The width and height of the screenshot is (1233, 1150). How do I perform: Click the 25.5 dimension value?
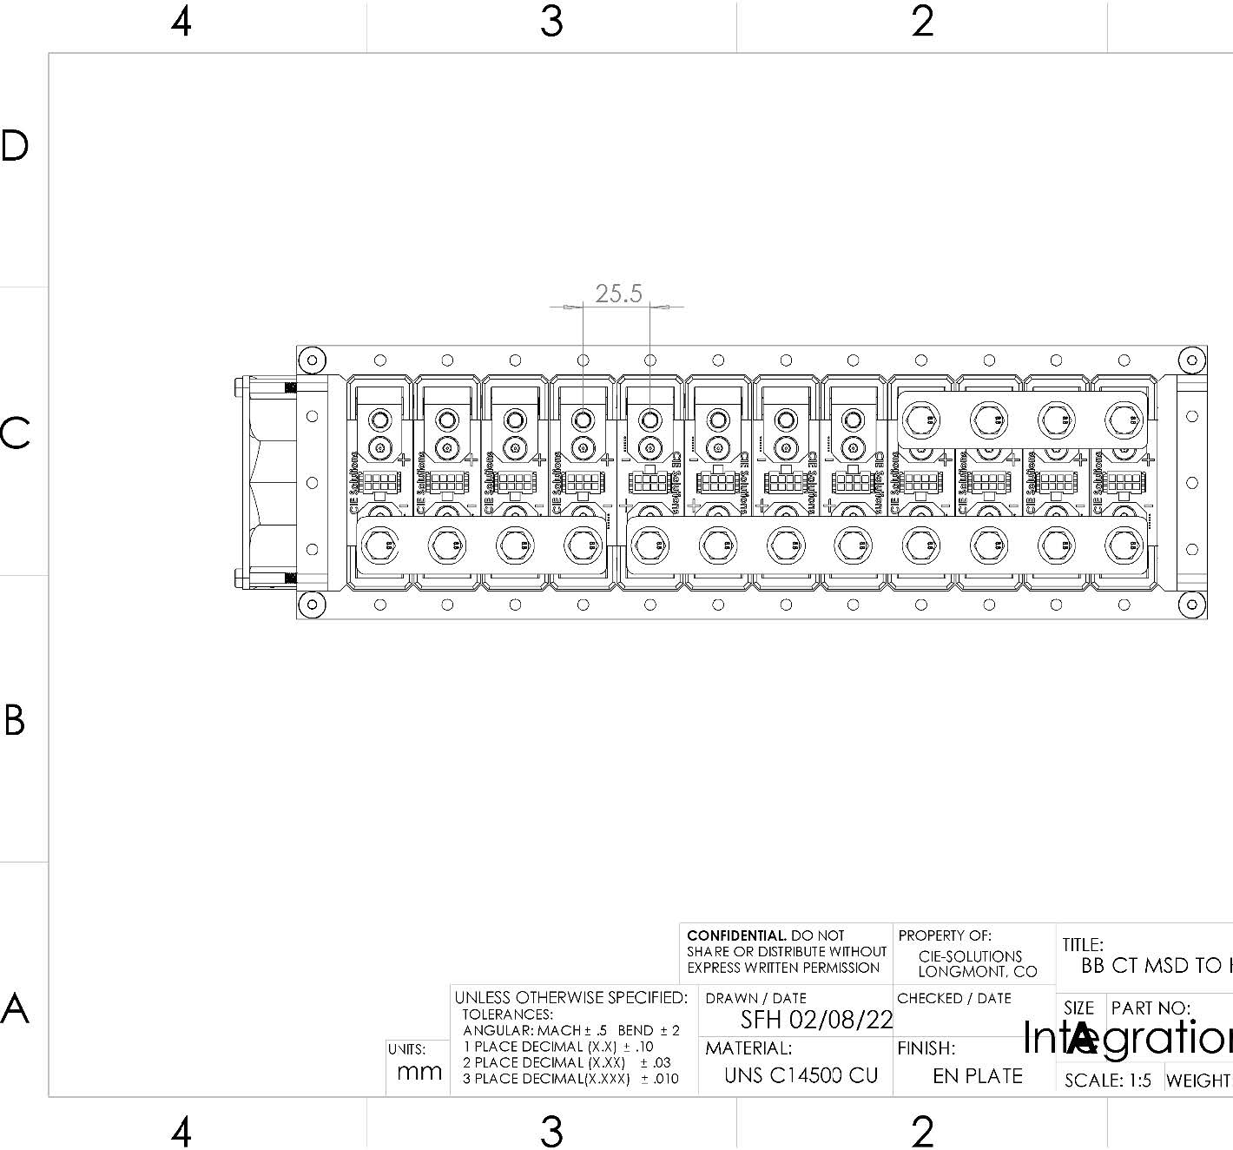(618, 294)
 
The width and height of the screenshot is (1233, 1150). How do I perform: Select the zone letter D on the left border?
(15, 146)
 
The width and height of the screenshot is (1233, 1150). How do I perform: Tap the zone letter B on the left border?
(15, 720)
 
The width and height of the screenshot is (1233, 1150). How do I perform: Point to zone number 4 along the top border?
(181, 21)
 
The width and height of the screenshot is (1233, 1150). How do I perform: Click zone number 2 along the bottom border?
(922, 1131)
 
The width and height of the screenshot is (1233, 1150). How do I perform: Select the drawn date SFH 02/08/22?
(815, 1020)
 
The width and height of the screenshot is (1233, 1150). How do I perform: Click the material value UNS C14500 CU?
(801, 1075)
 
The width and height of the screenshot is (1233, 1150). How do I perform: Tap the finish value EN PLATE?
(977, 1076)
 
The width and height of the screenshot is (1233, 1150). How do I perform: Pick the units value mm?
(419, 1072)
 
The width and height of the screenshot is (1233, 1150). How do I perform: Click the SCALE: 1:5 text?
(1107, 1081)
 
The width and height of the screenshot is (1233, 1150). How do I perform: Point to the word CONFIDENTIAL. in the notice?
(736, 935)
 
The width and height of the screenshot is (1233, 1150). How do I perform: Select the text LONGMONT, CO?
(977, 972)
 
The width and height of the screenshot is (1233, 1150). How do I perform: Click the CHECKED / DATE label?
(953, 999)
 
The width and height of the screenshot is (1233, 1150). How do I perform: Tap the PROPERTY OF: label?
(944, 935)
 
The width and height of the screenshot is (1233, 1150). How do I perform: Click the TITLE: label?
(1082, 944)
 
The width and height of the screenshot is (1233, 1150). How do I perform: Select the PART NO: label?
(1151, 1008)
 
